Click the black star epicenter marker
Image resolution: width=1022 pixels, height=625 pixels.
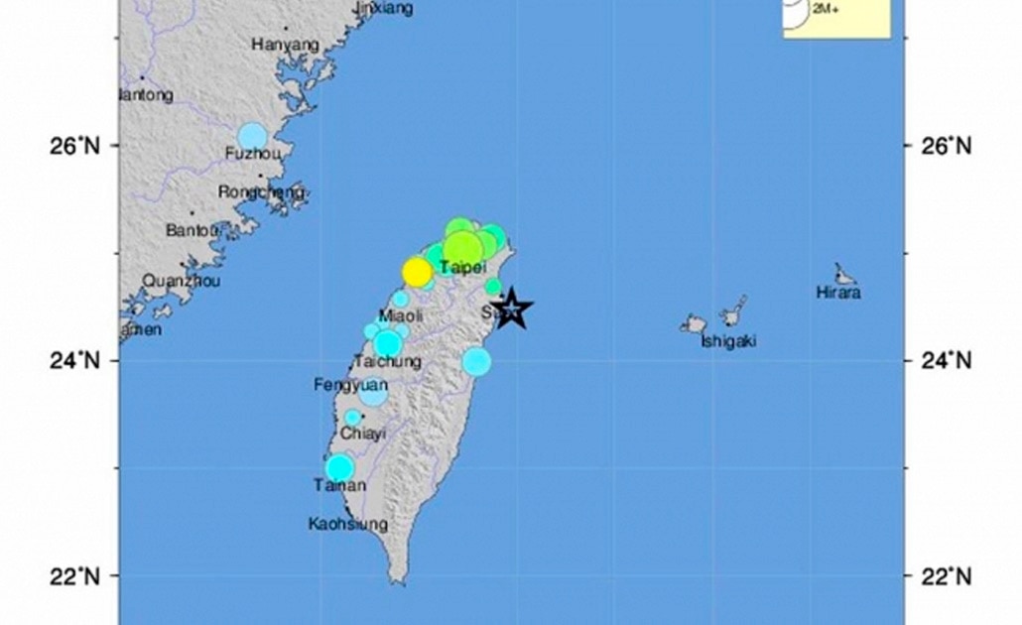click(x=511, y=310)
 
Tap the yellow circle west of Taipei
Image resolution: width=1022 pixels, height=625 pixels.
click(x=418, y=272)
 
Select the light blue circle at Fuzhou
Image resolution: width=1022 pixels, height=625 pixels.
click(x=253, y=137)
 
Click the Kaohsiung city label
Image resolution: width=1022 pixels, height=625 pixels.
click(x=347, y=524)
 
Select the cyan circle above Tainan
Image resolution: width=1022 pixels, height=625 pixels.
click(x=340, y=467)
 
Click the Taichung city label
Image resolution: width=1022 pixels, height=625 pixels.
click(x=386, y=362)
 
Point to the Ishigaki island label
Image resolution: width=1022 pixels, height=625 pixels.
click(x=728, y=341)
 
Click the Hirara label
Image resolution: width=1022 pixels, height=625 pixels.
click(x=837, y=293)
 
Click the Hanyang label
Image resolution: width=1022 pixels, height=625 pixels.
click(x=285, y=45)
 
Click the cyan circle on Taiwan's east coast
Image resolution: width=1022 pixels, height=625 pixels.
click(x=477, y=361)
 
